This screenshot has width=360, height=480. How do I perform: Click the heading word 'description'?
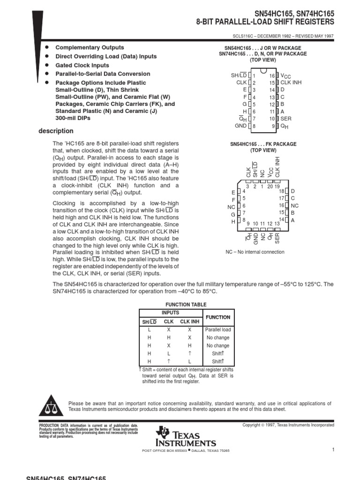[56, 131]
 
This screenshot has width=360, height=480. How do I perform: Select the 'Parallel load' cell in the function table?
[218, 330]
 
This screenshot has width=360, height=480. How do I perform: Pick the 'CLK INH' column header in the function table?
[190, 322]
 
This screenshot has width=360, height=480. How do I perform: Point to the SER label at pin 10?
[286, 119]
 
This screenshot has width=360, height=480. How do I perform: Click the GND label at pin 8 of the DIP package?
[240, 126]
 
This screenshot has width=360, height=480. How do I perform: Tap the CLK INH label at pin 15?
[291, 82]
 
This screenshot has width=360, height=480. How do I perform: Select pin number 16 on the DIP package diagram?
[272, 76]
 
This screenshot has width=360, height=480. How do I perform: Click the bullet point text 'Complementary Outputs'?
[90, 48]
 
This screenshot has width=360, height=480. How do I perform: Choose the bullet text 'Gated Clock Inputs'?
[82, 65]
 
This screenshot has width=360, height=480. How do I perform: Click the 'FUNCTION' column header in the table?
[218, 317]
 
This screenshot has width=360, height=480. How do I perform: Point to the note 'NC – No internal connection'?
[255, 252]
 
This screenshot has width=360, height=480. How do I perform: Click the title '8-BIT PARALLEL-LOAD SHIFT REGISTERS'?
[265, 22]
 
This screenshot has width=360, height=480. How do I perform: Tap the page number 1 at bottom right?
[333, 450]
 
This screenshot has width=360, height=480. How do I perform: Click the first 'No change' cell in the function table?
[218, 337]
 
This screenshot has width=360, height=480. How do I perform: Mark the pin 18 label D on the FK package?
[293, 191]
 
